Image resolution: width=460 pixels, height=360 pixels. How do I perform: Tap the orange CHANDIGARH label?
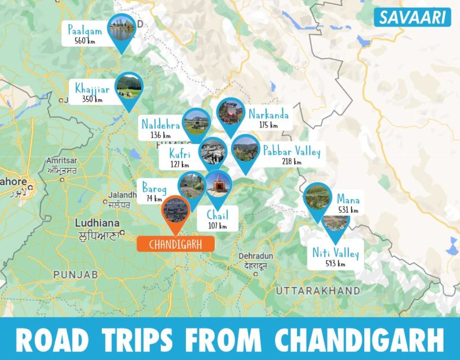pos(169,244)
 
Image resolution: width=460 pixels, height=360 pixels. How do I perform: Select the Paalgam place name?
pos(85,30)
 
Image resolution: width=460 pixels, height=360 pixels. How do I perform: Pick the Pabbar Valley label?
pos(291,151)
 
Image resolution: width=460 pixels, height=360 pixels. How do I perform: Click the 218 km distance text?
pos(291,162)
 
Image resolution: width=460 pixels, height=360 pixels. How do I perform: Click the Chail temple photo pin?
pos(216,184)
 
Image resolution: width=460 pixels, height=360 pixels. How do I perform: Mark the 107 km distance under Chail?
pos(217,226)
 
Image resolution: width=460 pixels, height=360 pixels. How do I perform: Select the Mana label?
pos(348,199)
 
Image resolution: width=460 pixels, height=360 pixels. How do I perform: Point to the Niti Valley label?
pos(335,253)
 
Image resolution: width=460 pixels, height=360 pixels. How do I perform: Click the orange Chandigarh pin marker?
pos(175,211)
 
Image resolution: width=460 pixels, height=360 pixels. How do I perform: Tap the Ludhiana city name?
pos(96,223)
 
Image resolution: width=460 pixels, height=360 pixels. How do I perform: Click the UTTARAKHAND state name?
pos(318,290)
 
